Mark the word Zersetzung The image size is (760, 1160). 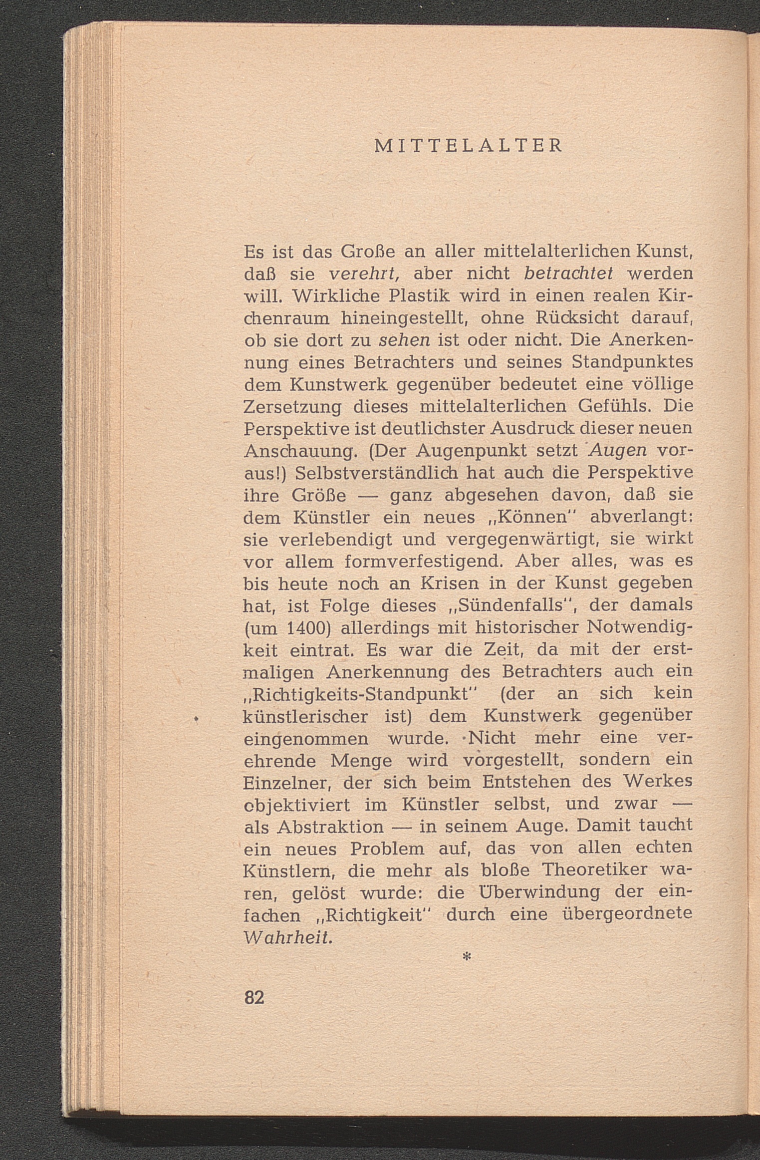292,407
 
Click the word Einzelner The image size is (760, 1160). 288,783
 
